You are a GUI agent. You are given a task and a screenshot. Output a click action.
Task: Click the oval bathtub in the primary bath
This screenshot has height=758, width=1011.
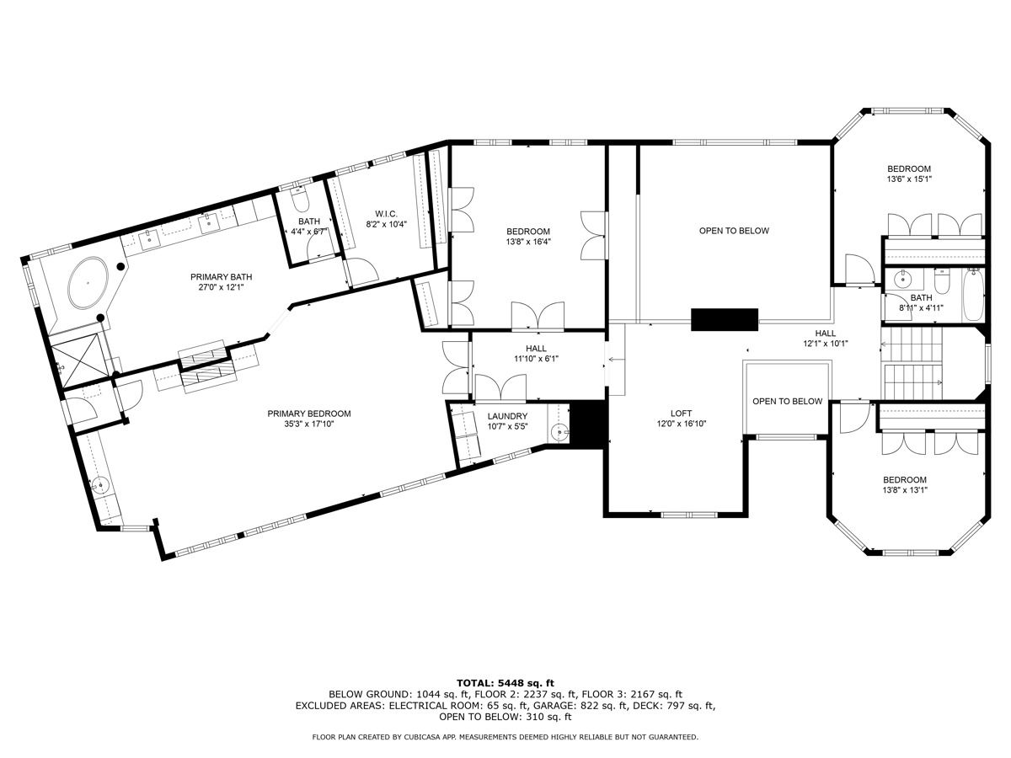click(x=88, y=283)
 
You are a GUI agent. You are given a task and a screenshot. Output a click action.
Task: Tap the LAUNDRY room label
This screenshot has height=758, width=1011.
click(x=507, y=417)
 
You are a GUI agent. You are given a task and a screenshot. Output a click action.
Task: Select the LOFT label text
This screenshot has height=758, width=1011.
click(x=682, y=414)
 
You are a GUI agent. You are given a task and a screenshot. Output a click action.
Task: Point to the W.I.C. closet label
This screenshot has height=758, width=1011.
click(x=386, y=214)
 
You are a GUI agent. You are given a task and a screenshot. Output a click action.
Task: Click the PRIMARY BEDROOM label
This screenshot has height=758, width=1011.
click(x=309, y=414)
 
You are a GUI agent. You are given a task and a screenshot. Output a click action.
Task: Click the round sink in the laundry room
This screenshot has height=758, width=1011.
click(x=559, y=433)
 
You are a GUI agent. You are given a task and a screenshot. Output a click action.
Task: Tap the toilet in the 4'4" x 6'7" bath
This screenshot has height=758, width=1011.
click(x=300, y=200)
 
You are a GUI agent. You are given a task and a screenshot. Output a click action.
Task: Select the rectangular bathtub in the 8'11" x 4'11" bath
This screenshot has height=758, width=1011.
click(x=973, y=295)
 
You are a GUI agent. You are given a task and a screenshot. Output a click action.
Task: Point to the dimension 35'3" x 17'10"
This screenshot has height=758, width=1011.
click(x=309, y=424)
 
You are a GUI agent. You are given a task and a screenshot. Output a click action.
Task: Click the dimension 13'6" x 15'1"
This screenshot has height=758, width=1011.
click(x=909, y=179)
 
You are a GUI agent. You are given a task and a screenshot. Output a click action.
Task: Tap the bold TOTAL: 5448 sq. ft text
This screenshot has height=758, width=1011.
click(x=505, y=683)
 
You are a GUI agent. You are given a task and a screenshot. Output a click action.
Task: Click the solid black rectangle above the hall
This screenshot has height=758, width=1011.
click(x=725, y=319)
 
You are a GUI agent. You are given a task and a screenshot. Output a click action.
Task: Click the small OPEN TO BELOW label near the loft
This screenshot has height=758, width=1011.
click(x=787, y=402)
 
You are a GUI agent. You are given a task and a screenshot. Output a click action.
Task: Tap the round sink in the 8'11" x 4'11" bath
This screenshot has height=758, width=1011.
click(x=903, y=279)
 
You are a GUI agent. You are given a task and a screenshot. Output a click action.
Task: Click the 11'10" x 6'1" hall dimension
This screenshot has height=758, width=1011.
click(x=536, y=359)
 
